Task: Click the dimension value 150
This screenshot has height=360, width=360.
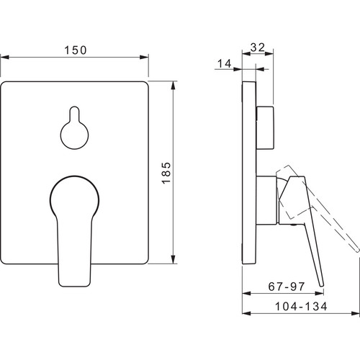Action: [x=76, y=50]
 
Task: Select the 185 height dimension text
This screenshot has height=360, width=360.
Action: [x=166, y=173]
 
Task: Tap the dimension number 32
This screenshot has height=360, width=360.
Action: [x=258, y=48]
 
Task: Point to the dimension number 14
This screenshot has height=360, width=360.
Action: [x=225, y=63]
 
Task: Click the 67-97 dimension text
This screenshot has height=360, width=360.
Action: [x=287, y=287]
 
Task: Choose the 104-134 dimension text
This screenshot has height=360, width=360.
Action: [x=301, y=307]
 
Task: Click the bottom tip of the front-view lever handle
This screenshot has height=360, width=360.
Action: [x=74, y=285]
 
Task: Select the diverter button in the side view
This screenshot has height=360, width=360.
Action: [x=265, y=127]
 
